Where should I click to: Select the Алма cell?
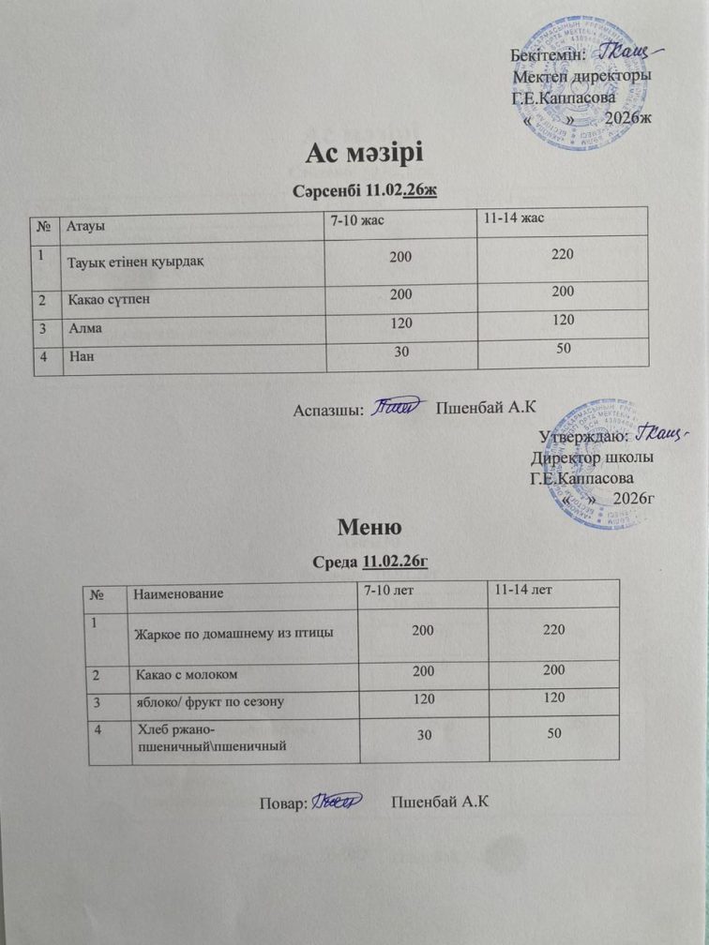tap(85, 330)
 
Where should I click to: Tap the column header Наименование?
tap(179, 593)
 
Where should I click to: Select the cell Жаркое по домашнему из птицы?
tap(234, 633)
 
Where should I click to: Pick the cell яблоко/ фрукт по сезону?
tap(210, 701)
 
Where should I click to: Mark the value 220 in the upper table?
tap(563, 253)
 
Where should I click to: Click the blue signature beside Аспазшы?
tap(398, 408)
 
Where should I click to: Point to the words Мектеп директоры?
tap(582, 76)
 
